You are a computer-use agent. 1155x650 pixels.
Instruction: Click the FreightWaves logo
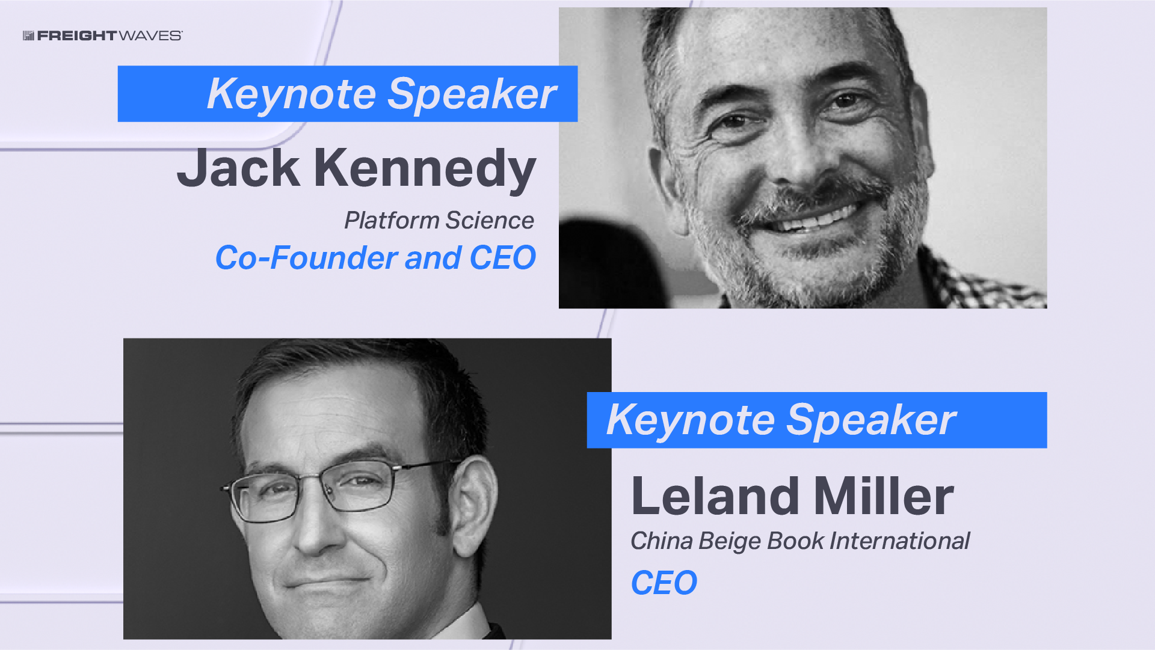pyautogui.click(x=102, y=35)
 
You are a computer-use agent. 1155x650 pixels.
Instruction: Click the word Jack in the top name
pyautogui.click(x=238, y=168)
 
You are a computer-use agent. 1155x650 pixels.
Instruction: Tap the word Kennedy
pyautogui.click(x=425, y=170)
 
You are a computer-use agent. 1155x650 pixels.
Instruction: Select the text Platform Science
pyautogui.click(x=439, y=221)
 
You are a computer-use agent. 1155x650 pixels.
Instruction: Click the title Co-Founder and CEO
pyautogui.click(x=375, y=258)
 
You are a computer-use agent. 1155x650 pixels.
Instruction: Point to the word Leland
pyautogui.click(x=715, y=496)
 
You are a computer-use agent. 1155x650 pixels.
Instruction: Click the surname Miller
pyautogui.click(x=884, y=496)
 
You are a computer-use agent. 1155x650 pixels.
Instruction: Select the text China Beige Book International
pyautogui.click(x=800, y=541)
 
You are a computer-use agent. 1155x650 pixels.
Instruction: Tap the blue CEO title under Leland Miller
pyautogui.click(x=664, y=583)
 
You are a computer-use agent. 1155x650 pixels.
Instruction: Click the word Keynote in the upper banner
pyautogui.click(x=292, y=94)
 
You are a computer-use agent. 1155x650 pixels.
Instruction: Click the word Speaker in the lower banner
pyautogui.click(x=872, y=420)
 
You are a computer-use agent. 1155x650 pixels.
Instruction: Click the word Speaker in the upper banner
pyautogui.click(x=472, y=94)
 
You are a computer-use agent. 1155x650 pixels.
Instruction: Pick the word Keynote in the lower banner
pyautogui.click(x=691, y=420)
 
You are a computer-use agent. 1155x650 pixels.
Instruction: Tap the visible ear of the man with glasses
pyautogui.click(x=475, y=505)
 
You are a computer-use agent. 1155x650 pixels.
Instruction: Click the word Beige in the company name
pyautogui.click(x=730, y=542)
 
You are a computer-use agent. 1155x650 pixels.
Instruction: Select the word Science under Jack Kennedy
pyautogui.click(x=490, y=221)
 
